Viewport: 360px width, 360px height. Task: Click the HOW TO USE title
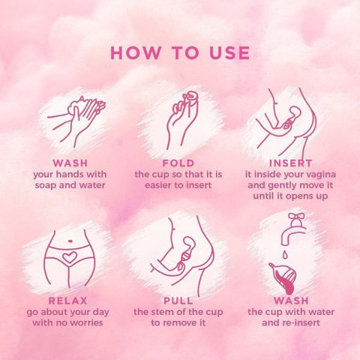180,52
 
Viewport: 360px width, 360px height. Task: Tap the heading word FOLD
178,163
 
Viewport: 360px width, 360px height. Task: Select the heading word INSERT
290,163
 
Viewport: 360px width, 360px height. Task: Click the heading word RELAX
67,301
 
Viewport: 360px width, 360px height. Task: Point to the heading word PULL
178,301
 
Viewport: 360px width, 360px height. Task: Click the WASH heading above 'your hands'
70,163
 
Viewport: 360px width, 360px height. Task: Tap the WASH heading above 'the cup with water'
291,301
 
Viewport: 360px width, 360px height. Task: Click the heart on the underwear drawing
70,257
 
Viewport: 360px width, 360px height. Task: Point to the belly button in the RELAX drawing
70,241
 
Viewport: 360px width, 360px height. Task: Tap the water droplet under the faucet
284,255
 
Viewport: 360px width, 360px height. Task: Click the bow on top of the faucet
296,216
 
